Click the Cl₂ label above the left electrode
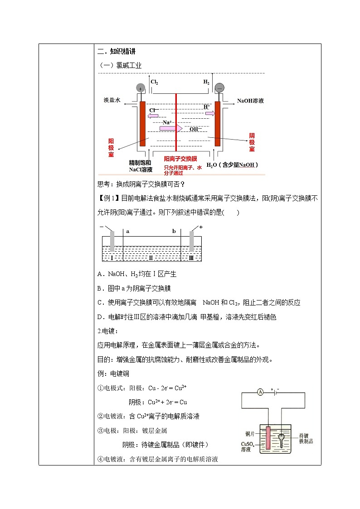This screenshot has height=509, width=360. (x=154, y=82)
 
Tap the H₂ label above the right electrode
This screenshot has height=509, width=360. (x=206, y=82)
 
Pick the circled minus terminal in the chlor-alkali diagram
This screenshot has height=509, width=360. (x=219, y=87)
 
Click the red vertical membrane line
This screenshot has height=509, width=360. (x=176, y=122)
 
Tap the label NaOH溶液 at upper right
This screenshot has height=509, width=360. (x=250, y=101)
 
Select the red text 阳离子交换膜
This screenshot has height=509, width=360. (x=180, y=159)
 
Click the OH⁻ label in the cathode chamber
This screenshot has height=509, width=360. (x=195, y=129)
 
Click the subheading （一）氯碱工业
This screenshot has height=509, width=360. (x=120, y=66)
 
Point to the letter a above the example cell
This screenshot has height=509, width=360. (x=128, y=231)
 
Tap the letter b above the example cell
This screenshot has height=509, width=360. (x=174, y=231)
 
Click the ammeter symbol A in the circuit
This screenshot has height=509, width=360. (x=260, y=393)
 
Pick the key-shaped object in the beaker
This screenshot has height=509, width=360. (x=283, y=439)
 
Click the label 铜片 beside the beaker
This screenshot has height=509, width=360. (x=252, y=433)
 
